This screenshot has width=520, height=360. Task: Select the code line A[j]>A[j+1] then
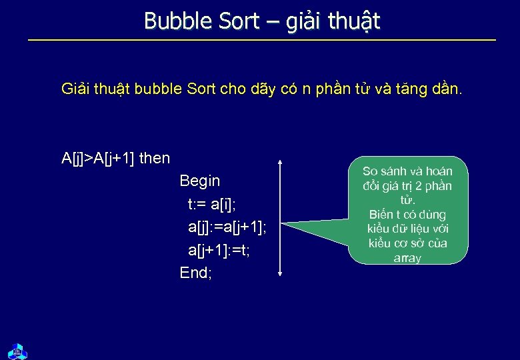click(x=115, y=158)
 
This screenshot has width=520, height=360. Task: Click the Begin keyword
click(x=199, y=181)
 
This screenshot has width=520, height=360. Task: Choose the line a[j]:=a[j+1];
click(x=227, y=227)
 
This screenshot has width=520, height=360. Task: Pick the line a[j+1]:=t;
click(x=219, y=250)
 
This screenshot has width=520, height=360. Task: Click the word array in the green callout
click(x=407, y=258)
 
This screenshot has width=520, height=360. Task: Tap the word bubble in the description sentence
click(x=157, y=88)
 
